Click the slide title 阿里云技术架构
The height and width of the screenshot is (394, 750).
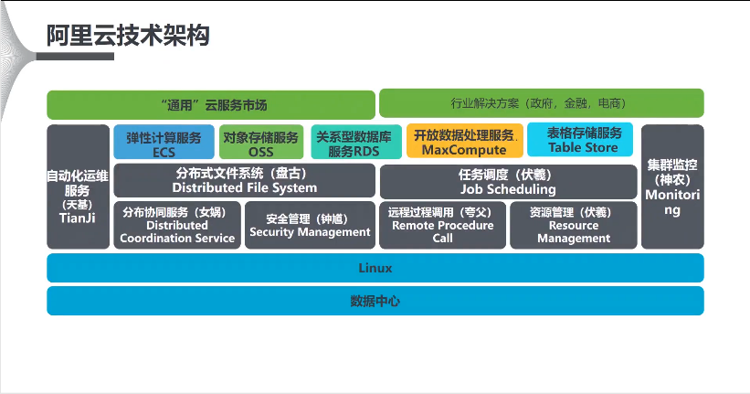click(x=128, y=35)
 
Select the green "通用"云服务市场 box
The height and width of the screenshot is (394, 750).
click(x=211, y=104)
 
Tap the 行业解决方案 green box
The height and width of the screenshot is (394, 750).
click(x=541, y=103)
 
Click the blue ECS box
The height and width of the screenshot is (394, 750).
click(x=164, y=143)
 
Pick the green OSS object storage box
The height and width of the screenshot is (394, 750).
click(x=261, y=143)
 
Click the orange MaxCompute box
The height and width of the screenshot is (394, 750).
click(x=465, y=142)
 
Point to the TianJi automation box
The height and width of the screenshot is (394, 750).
click(x=78, y=187)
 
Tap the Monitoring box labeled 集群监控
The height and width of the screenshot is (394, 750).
click(x=672, y=187)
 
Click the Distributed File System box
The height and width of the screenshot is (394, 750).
click(x=244, y=180)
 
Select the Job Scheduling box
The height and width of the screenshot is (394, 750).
click(x=508, y=180)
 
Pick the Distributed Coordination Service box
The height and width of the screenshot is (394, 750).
click(x=176, y=225)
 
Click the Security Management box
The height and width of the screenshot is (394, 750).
click(x=310, y=225)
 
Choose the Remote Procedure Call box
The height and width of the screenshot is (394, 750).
click(x=442, y=225)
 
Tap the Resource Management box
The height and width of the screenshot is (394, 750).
click(x=573, y=225)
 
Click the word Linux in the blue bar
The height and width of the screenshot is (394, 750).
click(x=375, y=269)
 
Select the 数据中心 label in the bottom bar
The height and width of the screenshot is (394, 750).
click(x=375, y=301)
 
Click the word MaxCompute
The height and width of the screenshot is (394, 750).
click(x=465, y=150)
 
